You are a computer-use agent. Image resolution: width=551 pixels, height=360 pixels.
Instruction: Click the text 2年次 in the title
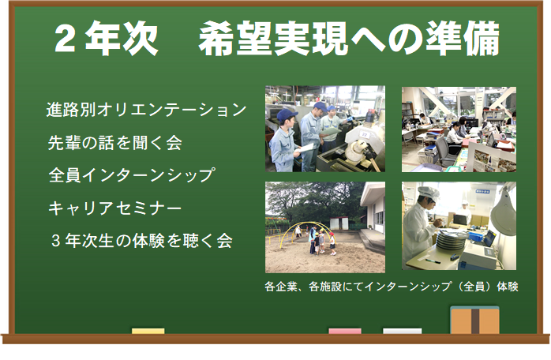[106, 38]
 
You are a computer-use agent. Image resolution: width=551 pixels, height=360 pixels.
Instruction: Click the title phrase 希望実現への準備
[349, 38]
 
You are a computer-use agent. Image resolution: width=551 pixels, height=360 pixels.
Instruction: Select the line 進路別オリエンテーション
[147, 109]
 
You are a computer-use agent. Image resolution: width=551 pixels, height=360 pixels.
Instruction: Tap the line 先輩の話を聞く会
[115, 142]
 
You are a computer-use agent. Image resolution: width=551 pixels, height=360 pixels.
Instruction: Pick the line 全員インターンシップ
[131, 175]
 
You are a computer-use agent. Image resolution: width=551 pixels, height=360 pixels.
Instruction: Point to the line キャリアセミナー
[115, 208]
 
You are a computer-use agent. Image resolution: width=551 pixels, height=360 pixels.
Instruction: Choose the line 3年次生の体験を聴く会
[141, 241]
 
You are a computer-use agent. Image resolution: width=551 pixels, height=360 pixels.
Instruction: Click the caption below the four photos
[392, 287]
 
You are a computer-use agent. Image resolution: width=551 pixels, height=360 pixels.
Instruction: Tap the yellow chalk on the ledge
[148, 331]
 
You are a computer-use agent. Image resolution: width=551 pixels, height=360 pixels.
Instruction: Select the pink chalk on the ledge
[345, 331]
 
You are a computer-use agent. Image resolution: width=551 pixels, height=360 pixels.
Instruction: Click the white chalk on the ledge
[402, 331]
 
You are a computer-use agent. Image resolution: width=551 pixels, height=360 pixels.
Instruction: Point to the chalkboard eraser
[474, 320]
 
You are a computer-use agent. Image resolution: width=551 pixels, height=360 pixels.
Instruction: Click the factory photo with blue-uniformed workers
[325, 129]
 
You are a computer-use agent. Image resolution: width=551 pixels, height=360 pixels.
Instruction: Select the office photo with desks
[459, 129]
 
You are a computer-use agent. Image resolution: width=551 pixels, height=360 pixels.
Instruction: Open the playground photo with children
[325, 227]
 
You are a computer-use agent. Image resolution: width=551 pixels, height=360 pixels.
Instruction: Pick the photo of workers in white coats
[459, 226]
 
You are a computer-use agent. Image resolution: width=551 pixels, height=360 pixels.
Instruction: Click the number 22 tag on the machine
[365, 134]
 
